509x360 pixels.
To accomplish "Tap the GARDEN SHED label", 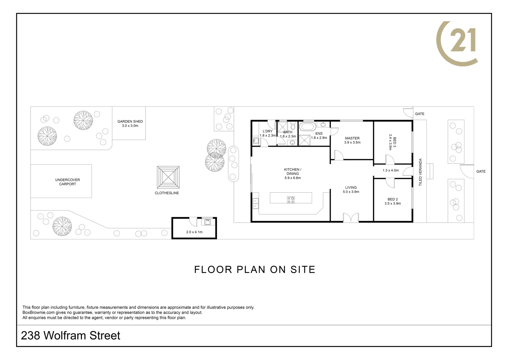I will pyautogui.click(x=130, y=122).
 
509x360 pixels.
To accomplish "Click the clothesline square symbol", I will pyautogui.click(x=168, y=177).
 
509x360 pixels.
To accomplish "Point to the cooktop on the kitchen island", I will pyautogui.click(x=291, y=200).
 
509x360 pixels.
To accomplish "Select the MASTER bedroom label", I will pyautogui.click(x=352, y=138).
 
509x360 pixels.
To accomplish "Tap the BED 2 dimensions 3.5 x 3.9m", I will pyautogui.click(x=393, y=203).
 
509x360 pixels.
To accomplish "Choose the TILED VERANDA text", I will pyautogui.click(x=420, y=172).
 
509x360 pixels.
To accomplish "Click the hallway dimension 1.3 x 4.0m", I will pyautogui.click(x=391, y=170).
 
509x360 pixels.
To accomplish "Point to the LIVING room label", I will pyautogui.click(x=351, y=188).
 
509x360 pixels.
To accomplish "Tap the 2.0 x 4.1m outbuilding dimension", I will pyautogui.click(x=194, y=232).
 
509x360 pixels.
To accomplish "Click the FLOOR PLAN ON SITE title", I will pyautogui.click(x=255, y=270).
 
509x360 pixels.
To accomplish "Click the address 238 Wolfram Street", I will pyautogui.click(x=71, y=336).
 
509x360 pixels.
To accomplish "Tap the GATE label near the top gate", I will pyautogui.click(x=420, y=114).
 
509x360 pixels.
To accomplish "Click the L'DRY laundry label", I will pyautogui.click(x=268, y=131).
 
